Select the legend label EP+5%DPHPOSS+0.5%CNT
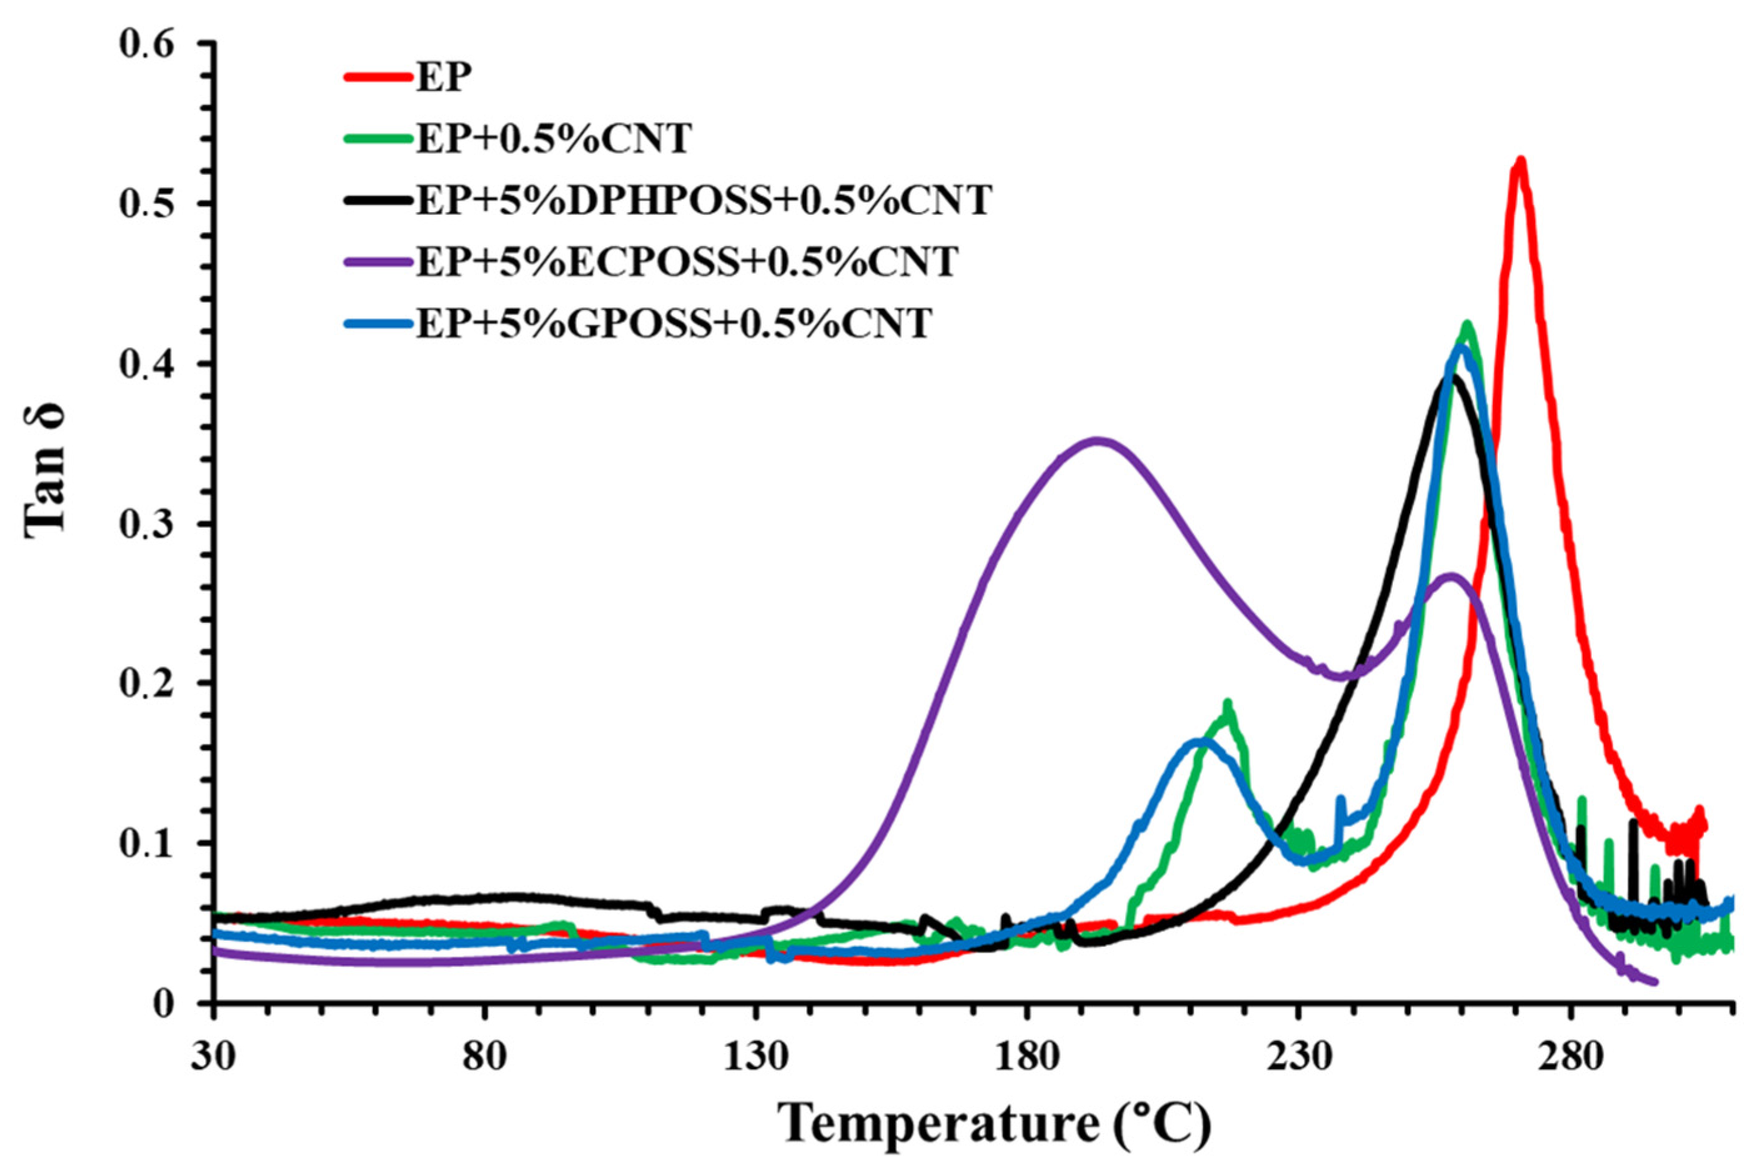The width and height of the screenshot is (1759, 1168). point(704,200)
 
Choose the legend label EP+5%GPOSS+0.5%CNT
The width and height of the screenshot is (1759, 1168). point(674,324)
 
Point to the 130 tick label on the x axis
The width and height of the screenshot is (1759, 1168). point(756,1056)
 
